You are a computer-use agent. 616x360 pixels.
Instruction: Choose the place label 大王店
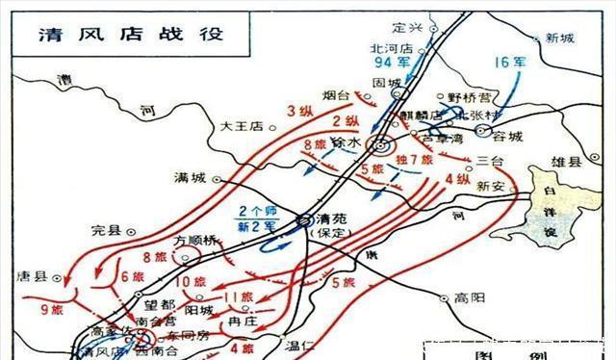[241, 125]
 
